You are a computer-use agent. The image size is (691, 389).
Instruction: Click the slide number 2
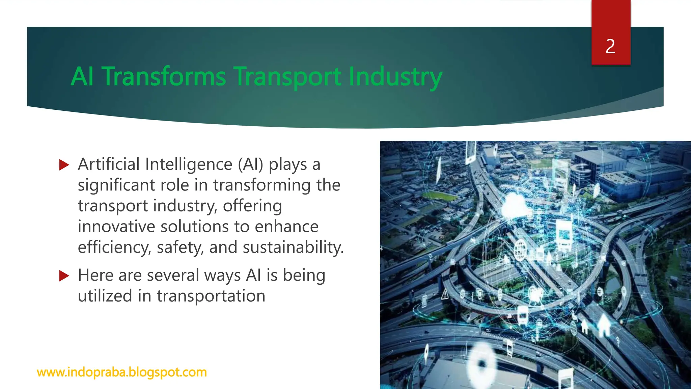[610, 46]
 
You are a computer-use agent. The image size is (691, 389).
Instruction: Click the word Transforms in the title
[164, 77]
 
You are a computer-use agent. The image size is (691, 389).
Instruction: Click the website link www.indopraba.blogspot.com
[122, 372]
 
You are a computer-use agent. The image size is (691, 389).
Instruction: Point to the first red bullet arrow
[64, 165]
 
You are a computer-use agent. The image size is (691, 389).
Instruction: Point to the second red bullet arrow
[64, 276]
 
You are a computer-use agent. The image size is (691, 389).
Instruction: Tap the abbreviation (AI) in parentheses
[250, 164]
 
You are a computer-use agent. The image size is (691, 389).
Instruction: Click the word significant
[116, 185]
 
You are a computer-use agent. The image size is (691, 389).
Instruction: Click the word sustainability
[293, 248]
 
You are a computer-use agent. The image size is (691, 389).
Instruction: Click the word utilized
[105, 296]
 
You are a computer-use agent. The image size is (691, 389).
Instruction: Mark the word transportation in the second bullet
[211, 296]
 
